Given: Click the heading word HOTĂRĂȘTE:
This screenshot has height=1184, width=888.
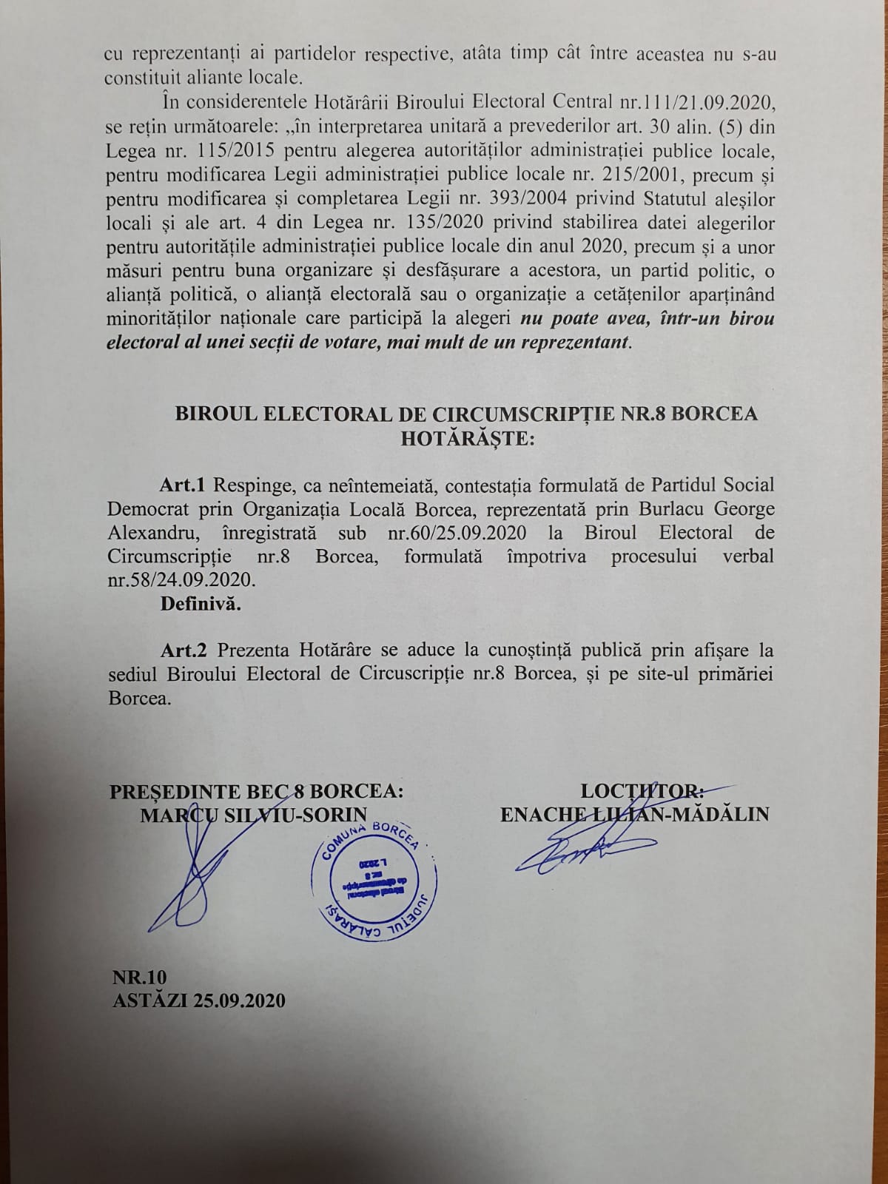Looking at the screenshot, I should click(466, 438).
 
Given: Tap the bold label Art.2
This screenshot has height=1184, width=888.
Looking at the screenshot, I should click(184, 650).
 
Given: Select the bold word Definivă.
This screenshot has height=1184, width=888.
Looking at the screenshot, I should click(201, 603).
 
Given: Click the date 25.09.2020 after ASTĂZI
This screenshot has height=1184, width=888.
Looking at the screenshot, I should click(239, 1000).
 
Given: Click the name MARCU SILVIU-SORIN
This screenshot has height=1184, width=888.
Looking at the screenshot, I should click(253, 815).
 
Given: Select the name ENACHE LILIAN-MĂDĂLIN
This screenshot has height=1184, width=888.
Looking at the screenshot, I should click(634, 815).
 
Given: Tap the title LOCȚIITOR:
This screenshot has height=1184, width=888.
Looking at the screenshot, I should click(642, 791).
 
